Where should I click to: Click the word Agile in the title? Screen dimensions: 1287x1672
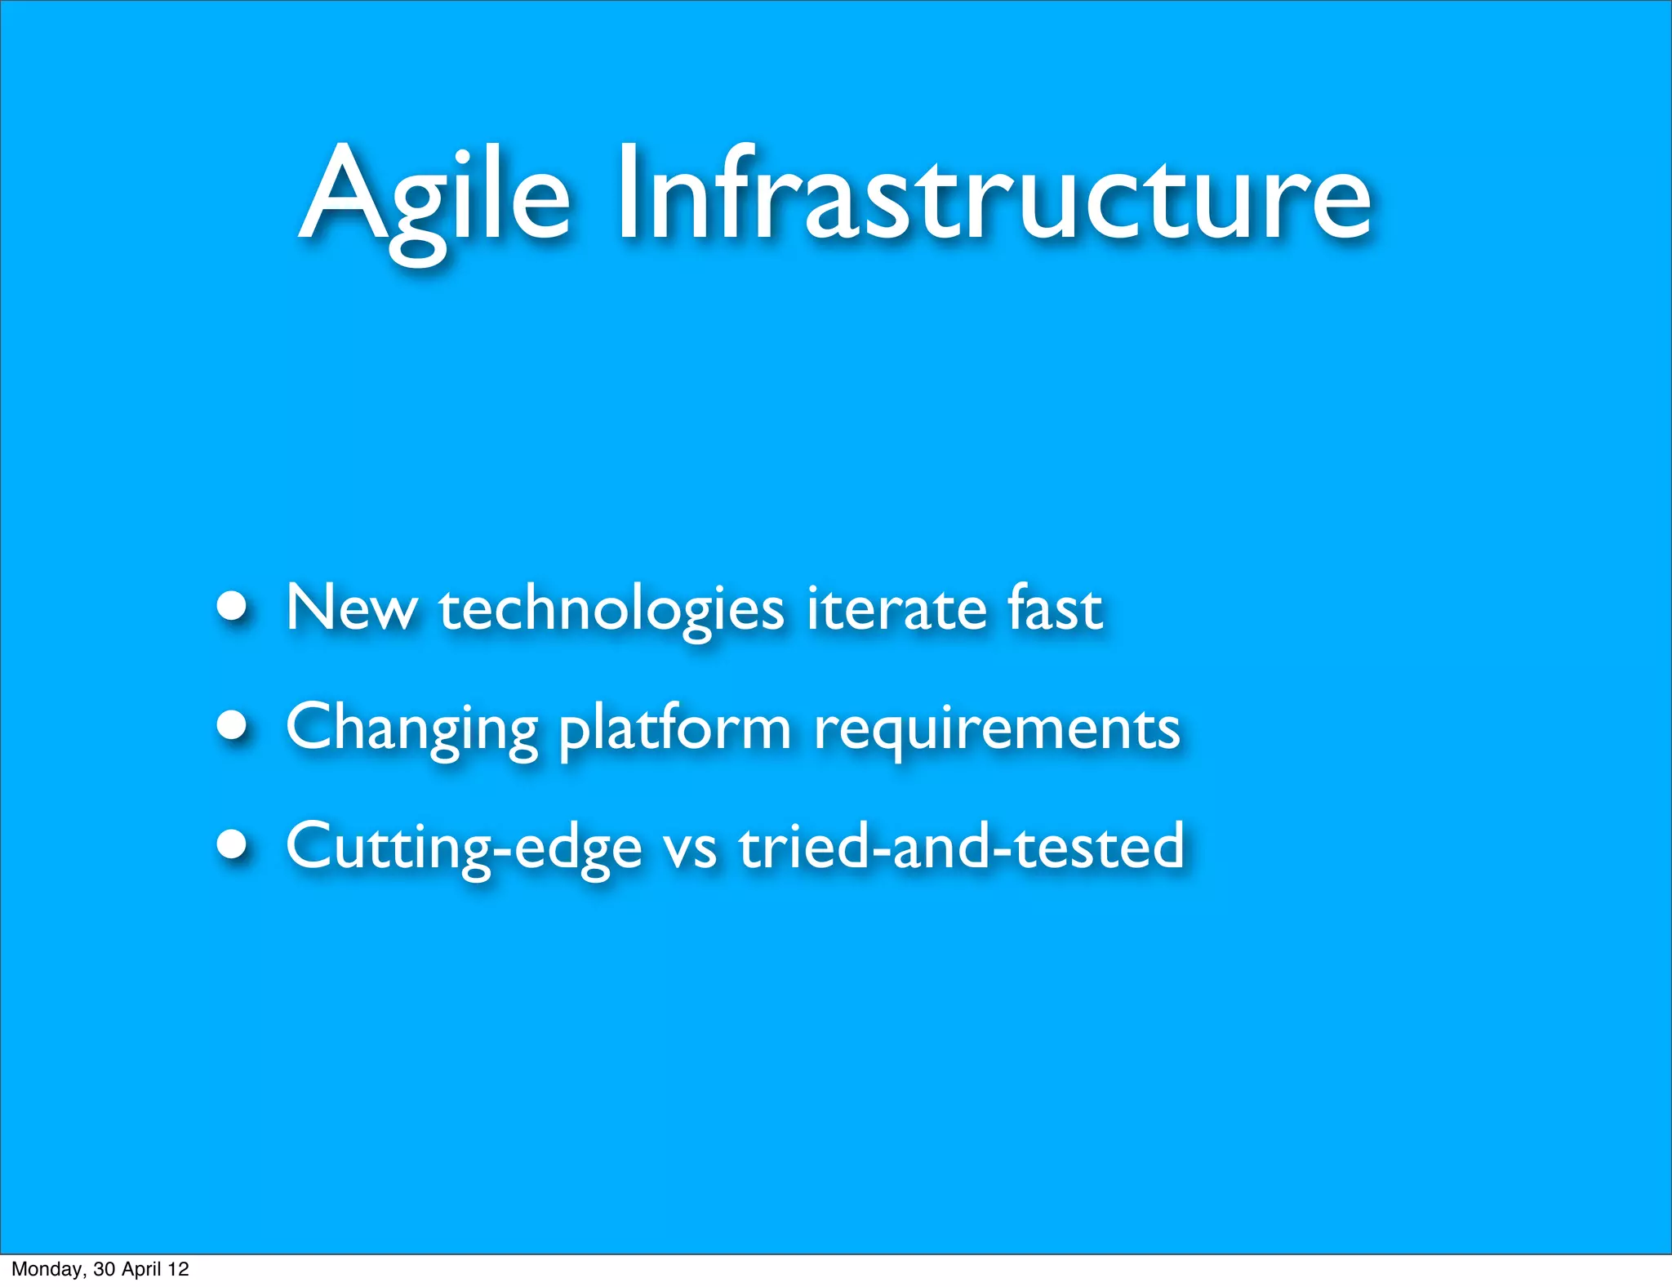click(x=435, y=200)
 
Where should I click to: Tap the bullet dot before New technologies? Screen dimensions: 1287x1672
click(x=233, y=607)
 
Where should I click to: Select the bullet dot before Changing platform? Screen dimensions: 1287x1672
click(x=233, y=725)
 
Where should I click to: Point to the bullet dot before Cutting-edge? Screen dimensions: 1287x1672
click(x=233, y=844)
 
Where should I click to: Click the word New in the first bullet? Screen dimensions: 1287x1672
click(x=351, y=608)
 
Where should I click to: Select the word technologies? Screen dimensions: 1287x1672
click(x=611, y=611)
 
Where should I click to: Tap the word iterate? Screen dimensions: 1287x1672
click(x=895, y=608)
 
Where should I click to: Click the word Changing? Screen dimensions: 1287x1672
click(x=411, y=728)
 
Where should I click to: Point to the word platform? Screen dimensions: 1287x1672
click(x=675, y=728)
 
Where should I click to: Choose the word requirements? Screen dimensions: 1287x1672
click(x=997, y=729)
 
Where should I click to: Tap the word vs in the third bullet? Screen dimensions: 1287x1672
click(x=690, y=849)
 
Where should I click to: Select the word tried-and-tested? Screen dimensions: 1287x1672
click(x=961, y=845)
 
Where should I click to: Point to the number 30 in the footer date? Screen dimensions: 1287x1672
click(x=104, y=1269)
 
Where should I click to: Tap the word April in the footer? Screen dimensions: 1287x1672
click(x=141, y=1269)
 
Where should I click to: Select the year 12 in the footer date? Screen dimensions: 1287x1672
click(x=179, y=1269)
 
